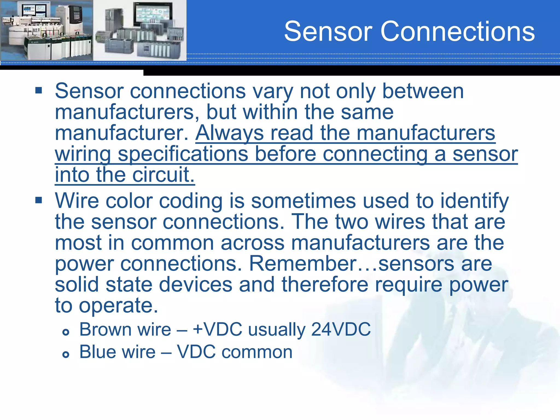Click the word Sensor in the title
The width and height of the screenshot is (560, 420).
point(328,31)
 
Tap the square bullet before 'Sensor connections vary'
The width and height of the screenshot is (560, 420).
point(39,90)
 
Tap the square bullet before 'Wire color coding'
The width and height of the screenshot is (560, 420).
point(39,200)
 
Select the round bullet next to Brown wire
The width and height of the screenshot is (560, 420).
point(66,332)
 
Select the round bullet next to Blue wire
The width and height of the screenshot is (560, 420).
point(66,355)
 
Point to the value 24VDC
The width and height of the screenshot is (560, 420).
point(341,329)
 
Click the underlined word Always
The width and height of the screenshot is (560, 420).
point(229,133)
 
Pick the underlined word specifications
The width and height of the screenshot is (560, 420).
point(183,154)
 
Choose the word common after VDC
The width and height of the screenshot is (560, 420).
point(257,352)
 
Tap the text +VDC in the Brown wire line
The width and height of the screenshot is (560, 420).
point(217,329)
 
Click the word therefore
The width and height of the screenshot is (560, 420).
point(325,285)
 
